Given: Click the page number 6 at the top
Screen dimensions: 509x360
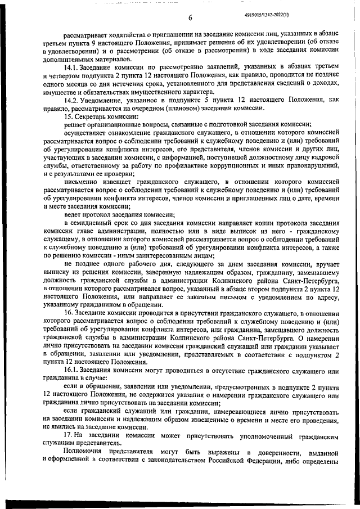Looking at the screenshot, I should (191, 18).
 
